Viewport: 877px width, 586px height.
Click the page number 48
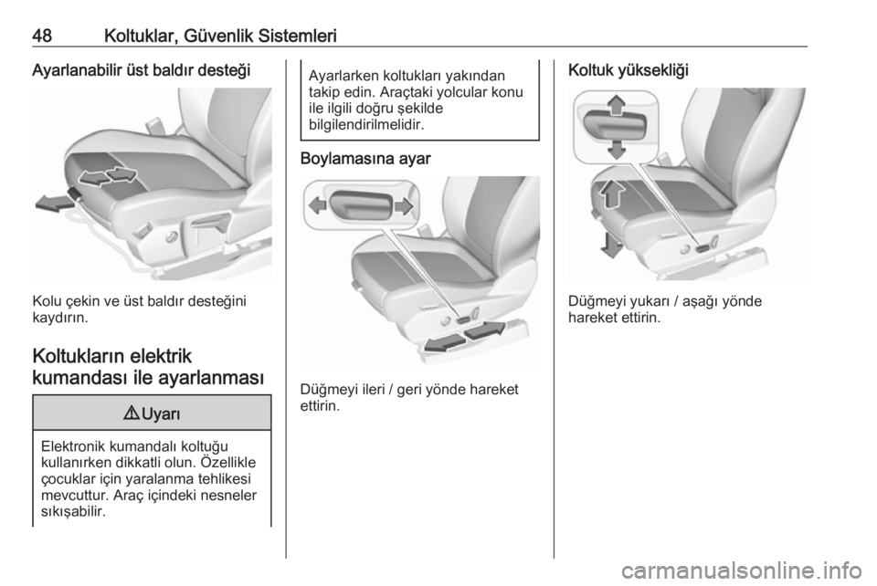42,36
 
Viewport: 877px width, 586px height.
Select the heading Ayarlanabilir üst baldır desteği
141,70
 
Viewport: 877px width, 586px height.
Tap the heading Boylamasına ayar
365,159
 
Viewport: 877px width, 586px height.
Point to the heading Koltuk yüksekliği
629,70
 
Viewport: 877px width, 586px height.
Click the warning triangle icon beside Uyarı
131,414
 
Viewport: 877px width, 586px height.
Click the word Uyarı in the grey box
161,414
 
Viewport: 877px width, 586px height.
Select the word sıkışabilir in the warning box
73,512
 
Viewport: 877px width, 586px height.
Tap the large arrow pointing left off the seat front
54,204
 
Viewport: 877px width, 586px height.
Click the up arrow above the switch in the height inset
616,104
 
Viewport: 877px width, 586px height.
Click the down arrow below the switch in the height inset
616,149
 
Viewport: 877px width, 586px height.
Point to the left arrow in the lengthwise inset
318,205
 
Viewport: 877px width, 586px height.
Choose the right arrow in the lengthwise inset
404,206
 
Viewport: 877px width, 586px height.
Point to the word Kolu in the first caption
46,301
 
